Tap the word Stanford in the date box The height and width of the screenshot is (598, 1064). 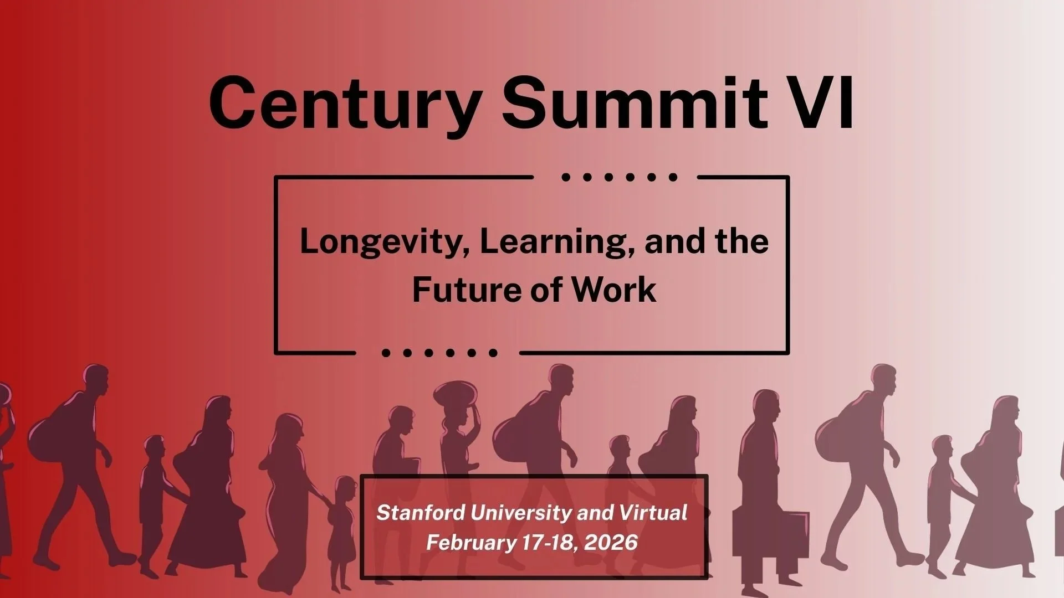pyautogui.click(x=420, y=513)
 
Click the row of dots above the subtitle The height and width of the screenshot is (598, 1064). pyautogui.click(x=619, y=178)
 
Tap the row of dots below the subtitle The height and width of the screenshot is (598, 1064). pyautogui.click(x=439, y=353)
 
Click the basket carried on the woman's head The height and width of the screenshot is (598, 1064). pyautogui.click(x=455, y=394)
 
